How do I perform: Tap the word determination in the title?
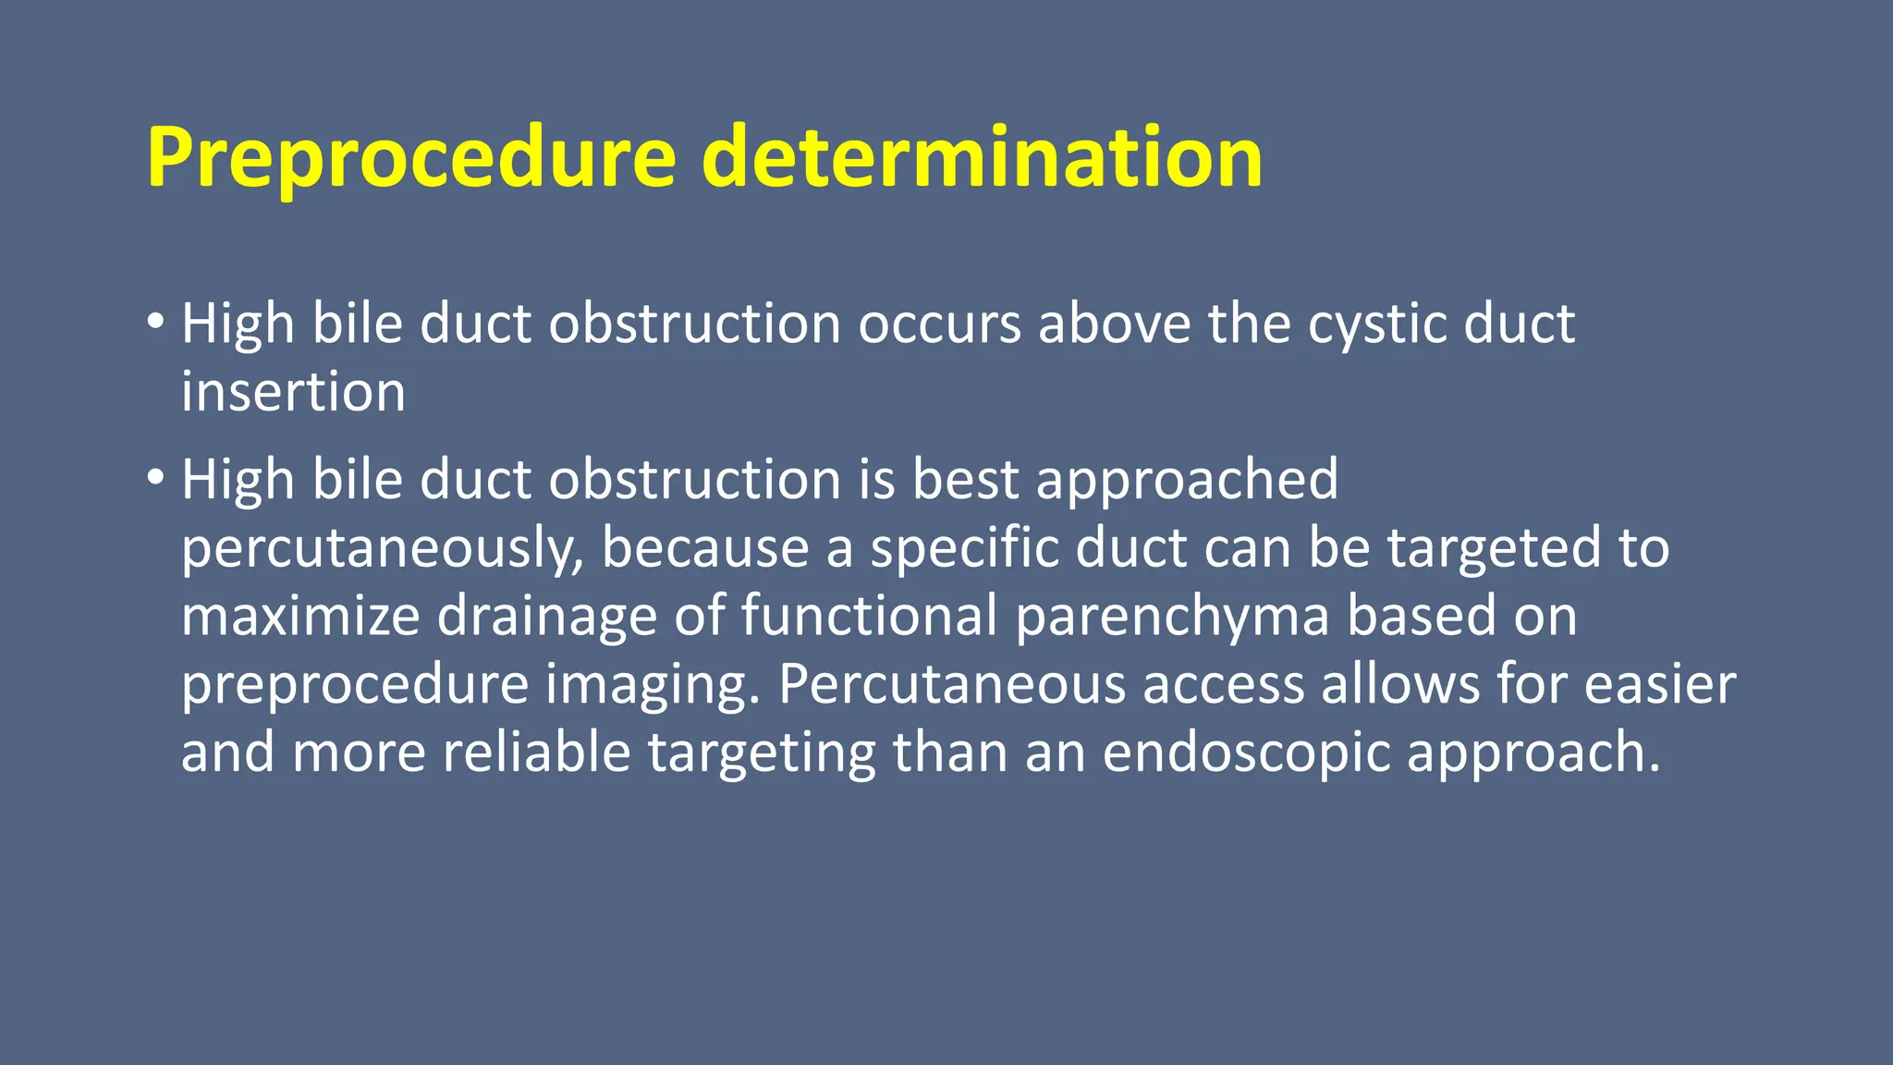(982, 157)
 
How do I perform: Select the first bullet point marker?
(155, 322)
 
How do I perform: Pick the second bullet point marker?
(155, 477)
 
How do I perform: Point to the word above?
(1115, 324)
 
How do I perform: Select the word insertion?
(293, 392)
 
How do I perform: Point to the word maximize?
(300, 616)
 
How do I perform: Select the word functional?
(869, 616)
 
